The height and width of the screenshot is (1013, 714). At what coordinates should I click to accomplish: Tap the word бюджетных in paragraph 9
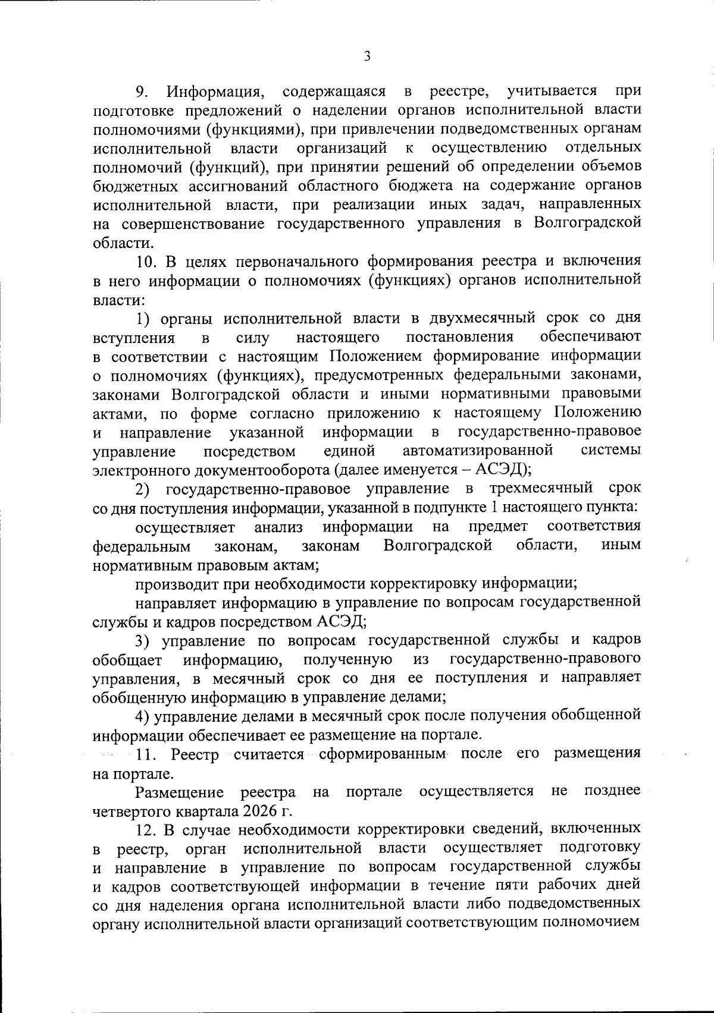click(x=129, y=186)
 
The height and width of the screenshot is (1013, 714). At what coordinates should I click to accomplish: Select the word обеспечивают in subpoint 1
click(x=590, y=338)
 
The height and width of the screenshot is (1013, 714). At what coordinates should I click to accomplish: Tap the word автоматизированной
click(x=478, y=451)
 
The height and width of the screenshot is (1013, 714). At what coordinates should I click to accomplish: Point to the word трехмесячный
click(x=540, y=489)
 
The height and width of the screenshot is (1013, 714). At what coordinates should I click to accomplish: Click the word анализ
click(x=278, y=527)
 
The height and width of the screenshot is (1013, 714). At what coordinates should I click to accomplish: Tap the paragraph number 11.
click(x=147, y=755)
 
